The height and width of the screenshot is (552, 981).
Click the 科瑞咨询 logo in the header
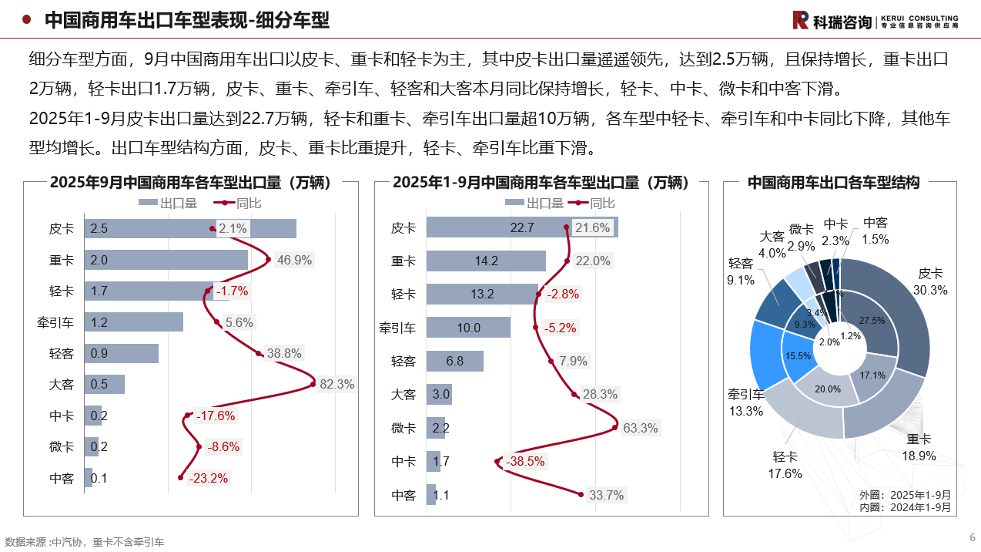(x=875, y=21)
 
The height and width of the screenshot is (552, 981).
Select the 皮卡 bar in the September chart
(x=189, y=228)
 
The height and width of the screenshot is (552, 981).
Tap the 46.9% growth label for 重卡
(x=294, y=260)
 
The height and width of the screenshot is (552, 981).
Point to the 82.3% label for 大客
(x=336, y=384)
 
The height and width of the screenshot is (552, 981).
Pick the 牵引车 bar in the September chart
(x=133, y=321)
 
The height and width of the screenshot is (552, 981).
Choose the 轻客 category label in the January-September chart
(x=403, y=361)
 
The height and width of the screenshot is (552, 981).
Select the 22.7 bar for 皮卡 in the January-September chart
(x=521, y=227)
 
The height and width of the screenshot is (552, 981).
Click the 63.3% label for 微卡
(x=640, y=428)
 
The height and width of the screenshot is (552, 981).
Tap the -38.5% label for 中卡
(x=524, y=461)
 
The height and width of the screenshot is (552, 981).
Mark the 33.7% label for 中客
(x=606, y=495)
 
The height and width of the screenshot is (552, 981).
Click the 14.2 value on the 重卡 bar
(x=486, y=261)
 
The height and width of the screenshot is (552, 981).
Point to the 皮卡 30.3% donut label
(x=930, y=281)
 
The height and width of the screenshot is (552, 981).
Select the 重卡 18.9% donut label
(x=919, y=447)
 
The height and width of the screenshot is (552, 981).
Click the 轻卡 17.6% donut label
(x=785, y=465)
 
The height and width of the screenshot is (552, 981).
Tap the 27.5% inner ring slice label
(x=872, y=320)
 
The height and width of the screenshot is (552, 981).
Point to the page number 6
(x=972, y=537)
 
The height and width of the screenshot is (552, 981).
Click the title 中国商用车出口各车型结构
(x=833, y=183)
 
